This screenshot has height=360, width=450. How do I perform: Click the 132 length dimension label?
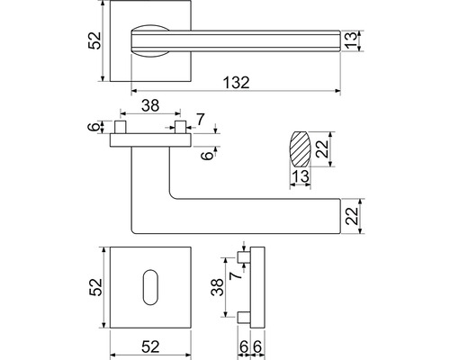[237, 83]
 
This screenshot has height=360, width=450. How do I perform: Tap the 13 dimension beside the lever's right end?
[351, 40]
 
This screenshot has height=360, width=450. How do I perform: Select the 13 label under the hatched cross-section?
[301, 176]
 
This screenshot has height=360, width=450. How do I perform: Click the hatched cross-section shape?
[300, 149]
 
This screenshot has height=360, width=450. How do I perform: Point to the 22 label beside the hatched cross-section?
[323, 149]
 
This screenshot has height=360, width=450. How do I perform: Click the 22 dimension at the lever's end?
[352, 216]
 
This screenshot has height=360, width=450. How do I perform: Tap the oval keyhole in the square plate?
[150, 287]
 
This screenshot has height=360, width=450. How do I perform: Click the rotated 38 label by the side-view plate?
[217, 287]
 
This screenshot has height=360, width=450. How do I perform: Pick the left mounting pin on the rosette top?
[121, 127]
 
